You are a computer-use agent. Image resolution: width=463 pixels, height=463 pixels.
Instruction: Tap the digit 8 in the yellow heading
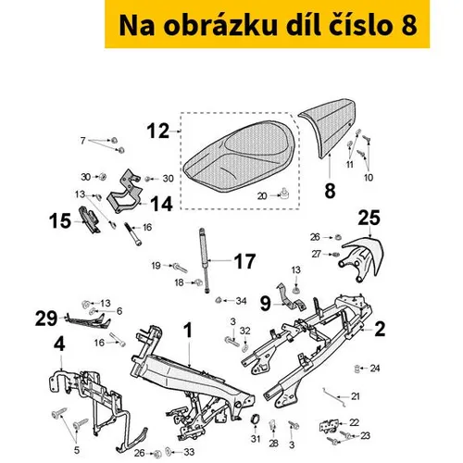(x=409, y=26)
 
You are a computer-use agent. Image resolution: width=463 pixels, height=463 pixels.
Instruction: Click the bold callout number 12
(x=158, y=131)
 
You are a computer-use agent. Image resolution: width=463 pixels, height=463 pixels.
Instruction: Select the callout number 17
(x=244, y=261)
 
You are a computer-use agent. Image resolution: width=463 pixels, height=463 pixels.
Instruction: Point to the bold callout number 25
(x=369, y=218)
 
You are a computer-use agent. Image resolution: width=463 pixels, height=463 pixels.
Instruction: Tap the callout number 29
(x=46, y=319)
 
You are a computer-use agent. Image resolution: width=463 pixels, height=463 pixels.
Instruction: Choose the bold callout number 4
(x=59, y=344)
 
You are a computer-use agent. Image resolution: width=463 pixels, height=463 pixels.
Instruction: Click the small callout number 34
(x=241, y=301)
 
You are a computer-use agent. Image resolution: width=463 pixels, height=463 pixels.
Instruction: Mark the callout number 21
(x=356, y=396)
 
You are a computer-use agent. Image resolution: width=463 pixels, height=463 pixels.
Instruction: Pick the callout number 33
(x=189, y=452)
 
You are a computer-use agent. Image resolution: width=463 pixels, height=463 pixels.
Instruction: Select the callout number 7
(x=82, y=141)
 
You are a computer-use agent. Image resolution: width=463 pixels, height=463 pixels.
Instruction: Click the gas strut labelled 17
(x=205, y=260)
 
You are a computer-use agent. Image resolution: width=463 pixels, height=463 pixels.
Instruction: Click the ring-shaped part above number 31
(x=256, y=419)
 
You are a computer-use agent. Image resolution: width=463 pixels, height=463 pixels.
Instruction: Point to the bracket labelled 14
(x=125, y=192)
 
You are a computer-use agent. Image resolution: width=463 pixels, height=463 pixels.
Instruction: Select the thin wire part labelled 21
(x=334, y=397)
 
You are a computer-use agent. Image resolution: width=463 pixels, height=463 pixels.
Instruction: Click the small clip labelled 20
(x=284, y=194)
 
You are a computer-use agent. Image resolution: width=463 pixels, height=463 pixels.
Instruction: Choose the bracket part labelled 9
(x=291, y=296)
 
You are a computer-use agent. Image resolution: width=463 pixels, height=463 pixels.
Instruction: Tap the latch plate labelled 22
(x=330, y=426)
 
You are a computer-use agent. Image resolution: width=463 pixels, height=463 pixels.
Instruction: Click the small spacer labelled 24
(x=357, y=369)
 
